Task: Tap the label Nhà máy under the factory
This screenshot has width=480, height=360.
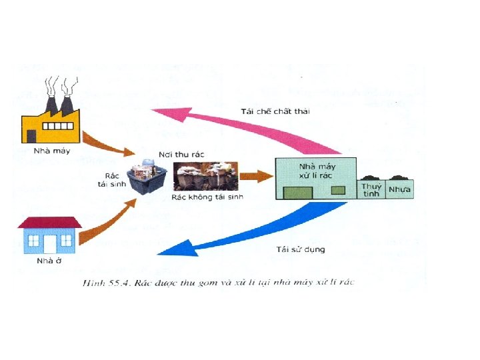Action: click(51, 151)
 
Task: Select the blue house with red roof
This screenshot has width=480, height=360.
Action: click(50, 235)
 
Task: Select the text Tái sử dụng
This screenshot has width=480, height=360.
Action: click(300, 249)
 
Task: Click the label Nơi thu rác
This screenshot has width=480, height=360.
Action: click(181, 154)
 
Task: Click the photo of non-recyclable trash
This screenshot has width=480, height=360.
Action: click(205, 176)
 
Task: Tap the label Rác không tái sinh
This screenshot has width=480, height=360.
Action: click(207, 197)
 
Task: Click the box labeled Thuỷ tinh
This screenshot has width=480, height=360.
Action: click(371, 190)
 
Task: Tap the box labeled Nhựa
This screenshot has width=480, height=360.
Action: click(399, 190)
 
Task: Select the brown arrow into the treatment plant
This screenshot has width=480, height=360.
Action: click(257, 177)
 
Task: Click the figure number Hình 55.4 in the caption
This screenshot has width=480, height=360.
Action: click(104, 283)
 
